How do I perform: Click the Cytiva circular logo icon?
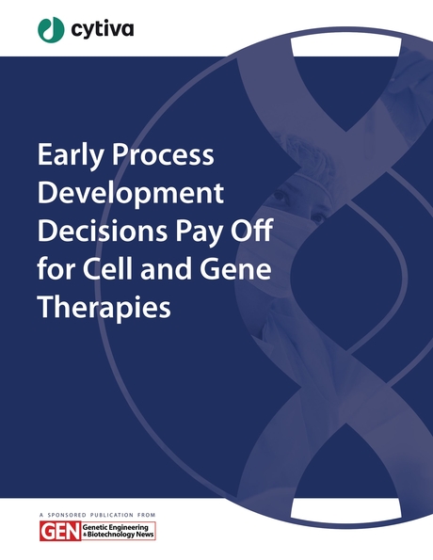click(51, 29)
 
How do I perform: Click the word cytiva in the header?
click(102, 29)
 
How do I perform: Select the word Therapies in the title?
click(104, 308)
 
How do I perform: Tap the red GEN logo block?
click(53, 532)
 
